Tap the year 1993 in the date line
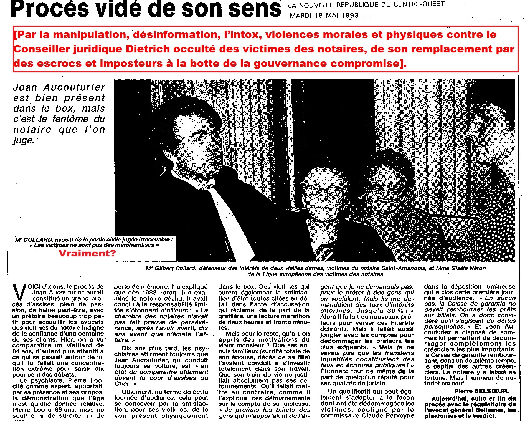coord(350,16)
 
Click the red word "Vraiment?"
coord(87,253)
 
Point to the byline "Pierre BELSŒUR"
coord(481,391)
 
